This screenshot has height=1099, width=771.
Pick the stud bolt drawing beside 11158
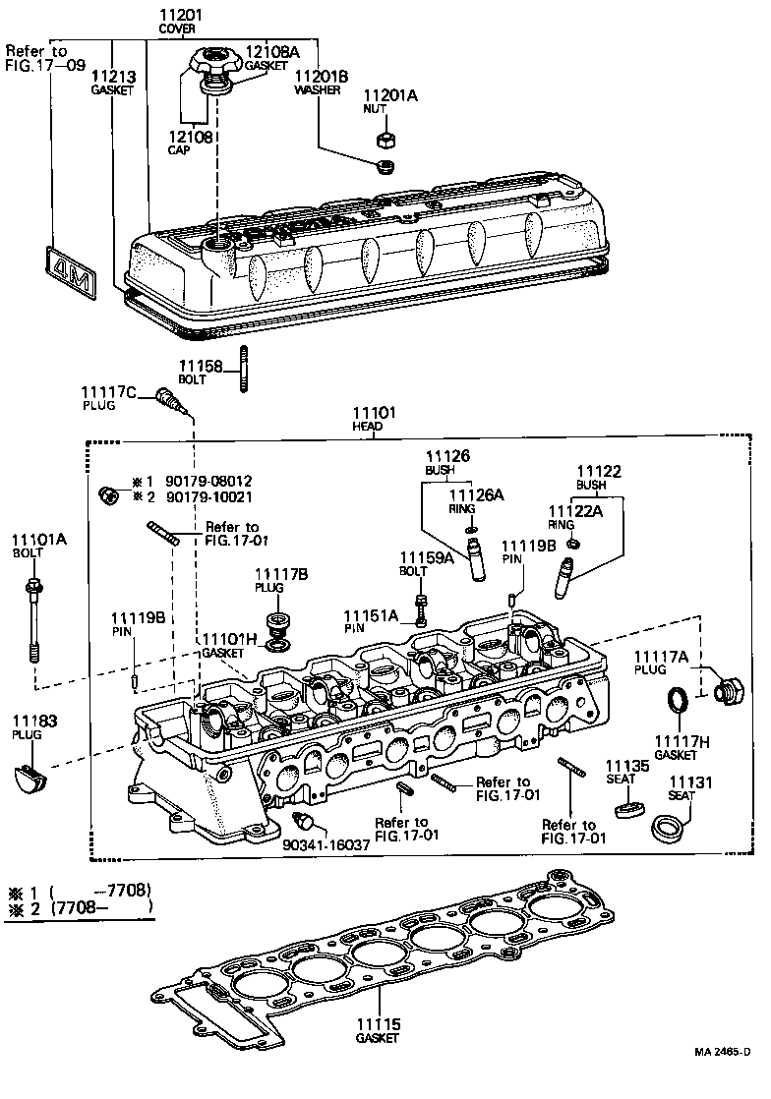pyautogui.click(x=242, y=370)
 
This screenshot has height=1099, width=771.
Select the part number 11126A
pyautogui.click(x=476, y=495)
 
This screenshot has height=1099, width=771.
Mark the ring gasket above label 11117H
pyautogui.click(x=678, y=705)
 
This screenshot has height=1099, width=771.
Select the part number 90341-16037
pyautogui.click(x=326, y=844)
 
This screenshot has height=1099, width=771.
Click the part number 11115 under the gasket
pyautogui.click(x=379, y=1024)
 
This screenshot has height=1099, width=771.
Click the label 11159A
pyautogui.click(x=426, y=558)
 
